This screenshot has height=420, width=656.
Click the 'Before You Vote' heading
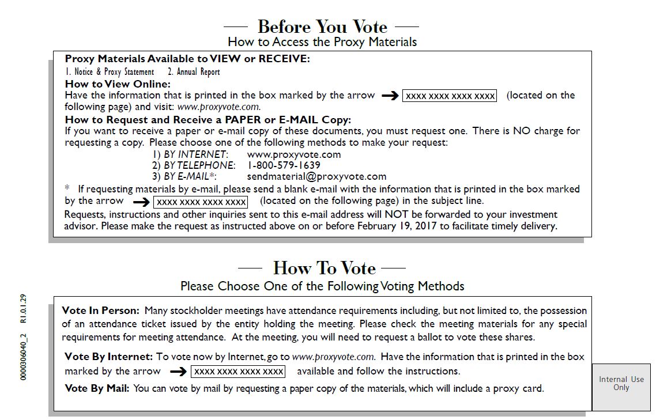tap(322, 27)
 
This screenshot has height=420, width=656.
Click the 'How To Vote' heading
tap(324, 268)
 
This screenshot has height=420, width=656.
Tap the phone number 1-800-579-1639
tap(284, 165)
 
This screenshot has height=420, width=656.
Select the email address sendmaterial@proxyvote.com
tap(316, 176)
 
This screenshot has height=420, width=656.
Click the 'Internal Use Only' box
tap(621, 384)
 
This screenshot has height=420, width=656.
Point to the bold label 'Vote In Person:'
tap(100, 311)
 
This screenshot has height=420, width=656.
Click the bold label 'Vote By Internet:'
tap(108, 357)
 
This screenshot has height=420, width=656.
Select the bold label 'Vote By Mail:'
tap(97, 388)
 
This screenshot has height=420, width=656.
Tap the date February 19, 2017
tap(397, 226)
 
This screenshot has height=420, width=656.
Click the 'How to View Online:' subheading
tap(118, 84)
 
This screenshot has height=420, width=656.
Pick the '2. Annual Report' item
tap(194, 72)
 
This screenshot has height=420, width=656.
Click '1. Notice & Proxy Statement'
tap(110, 72)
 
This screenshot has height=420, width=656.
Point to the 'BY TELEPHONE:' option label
tap(199, 165)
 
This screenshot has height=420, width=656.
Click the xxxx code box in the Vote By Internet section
tap(239, 372)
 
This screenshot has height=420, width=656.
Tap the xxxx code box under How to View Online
tap(450, 96)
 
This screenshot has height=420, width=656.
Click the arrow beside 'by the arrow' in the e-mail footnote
tap(141, 202)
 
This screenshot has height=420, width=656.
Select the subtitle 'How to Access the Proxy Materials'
tap(322, 41)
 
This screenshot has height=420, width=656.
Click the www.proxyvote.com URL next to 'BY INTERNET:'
tap(293, 154)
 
